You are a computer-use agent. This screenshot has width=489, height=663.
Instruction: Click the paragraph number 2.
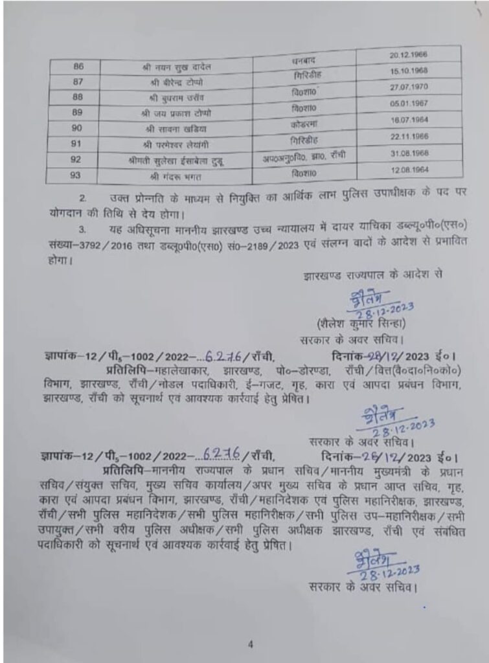82,196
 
